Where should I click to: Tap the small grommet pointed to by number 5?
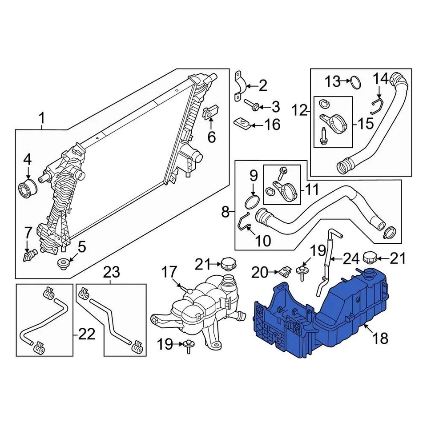64,263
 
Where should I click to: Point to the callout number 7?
28,232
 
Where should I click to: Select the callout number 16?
272,125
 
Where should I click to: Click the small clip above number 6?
209,112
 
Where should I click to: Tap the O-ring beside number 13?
355,82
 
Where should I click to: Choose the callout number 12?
300,109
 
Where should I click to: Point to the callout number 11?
311,190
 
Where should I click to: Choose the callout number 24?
350,257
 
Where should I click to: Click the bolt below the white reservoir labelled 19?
189,345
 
